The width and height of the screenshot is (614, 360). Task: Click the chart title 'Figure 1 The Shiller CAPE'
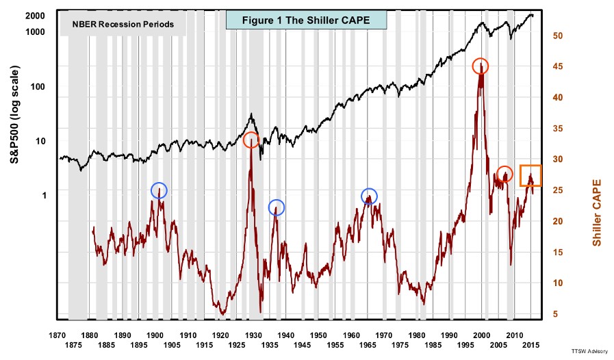click(x=306, y=20)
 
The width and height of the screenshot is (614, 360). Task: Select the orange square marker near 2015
click(x=530, y=176)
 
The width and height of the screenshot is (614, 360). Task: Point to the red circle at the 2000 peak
click(x=481, y=66)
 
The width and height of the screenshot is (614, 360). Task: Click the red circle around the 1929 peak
click(x=251, y=140)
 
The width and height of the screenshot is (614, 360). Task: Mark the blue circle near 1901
click(x=159, y=191)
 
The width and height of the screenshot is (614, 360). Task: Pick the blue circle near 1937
click(x=276, y=207)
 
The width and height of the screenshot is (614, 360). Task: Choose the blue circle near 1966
click(x=369, y=196)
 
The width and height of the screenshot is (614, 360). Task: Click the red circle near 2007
click(x=504, y=174)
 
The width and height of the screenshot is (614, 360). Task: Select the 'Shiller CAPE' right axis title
click(x=597, y=213)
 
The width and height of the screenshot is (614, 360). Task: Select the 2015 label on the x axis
click(x=531, y=346)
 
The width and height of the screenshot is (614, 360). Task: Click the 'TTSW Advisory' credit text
click(x=589, y=349)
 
